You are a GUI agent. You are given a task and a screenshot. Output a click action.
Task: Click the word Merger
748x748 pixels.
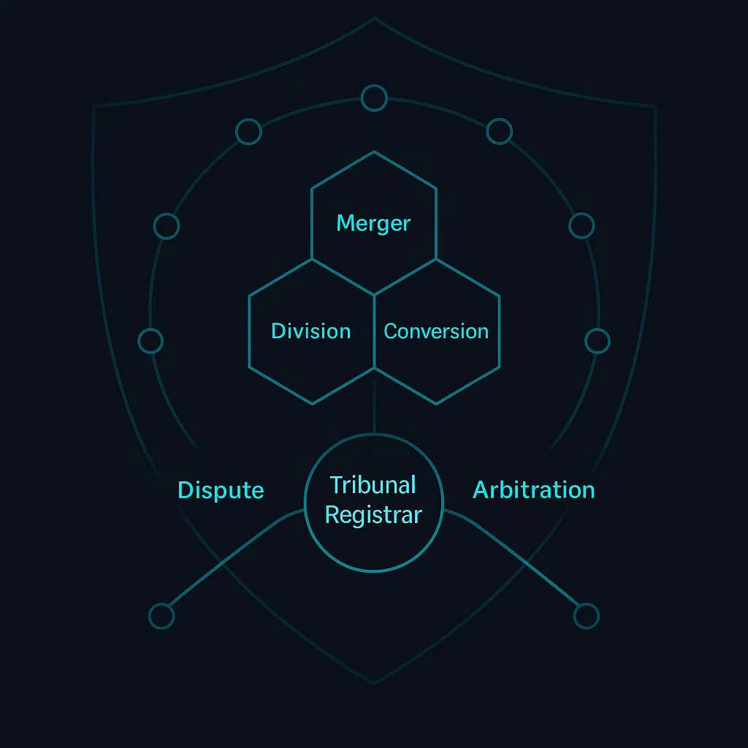(x=373, y=224)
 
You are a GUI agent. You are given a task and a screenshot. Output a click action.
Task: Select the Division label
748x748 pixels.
(x=311, y=331)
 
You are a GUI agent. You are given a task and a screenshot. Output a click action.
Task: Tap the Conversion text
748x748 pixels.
(x=436, y=332)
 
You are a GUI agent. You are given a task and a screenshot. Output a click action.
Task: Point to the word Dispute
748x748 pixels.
(x=221, y=490)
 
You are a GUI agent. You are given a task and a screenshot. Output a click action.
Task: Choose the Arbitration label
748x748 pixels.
(x=534, y=490)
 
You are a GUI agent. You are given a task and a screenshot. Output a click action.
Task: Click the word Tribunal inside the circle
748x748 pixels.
(x=373, y=485)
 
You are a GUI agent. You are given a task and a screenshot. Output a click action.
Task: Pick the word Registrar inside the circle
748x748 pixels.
(x=373, y=515)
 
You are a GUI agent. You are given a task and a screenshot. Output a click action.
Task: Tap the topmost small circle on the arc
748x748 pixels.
(x=374, y=98)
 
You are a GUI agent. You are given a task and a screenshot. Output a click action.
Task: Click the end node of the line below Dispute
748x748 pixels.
(x=161, y=616)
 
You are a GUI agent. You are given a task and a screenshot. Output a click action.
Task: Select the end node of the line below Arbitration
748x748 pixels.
(x=587, y=616)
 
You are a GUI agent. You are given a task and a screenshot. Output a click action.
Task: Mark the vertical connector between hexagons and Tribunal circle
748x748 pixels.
(x=374, y=401)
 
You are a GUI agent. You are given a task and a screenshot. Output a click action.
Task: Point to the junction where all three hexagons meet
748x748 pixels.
(x=374, y=295)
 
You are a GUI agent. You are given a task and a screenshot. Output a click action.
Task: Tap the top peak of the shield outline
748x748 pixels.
(x=375, y=18)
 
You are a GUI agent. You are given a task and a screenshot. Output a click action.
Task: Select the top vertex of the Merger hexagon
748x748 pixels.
(x=374, y=152)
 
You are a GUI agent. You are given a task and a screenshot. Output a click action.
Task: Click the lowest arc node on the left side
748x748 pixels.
(x=150, y=341)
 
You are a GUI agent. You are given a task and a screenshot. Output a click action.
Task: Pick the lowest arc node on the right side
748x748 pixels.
(x=598, y=341)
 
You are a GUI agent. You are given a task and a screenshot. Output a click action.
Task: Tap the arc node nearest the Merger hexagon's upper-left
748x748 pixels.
(x=248, y=131)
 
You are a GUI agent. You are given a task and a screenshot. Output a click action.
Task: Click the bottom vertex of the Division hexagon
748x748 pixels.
(x=313, y=404)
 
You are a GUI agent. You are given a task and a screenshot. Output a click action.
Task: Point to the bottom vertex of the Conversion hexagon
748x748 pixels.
(x=435, y=404)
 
